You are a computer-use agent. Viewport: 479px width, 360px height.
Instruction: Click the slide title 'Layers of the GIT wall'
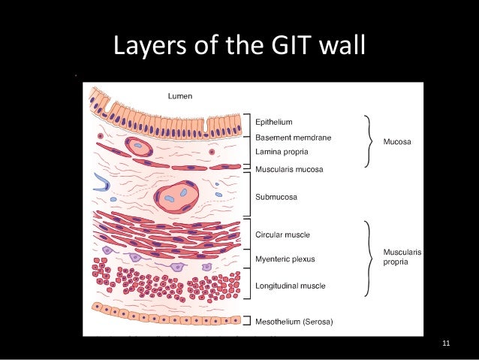(x=239, y=46)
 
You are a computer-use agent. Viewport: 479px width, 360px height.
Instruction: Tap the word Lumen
(x=179, y=95)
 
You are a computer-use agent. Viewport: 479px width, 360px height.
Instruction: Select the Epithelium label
(x=274, y=122)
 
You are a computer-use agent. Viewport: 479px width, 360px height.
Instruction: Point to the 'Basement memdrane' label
(x=293, y=138)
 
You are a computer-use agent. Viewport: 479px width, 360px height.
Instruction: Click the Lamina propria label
(x=282, y=152)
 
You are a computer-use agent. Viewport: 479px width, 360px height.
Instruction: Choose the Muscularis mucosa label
(x=289, y=169)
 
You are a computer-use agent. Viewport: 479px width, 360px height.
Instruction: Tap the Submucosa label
(x=276, y=197)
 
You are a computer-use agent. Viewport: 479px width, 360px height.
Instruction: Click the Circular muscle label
(x=282, y=234)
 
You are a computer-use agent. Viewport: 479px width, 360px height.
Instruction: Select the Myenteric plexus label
(x=285, y=259)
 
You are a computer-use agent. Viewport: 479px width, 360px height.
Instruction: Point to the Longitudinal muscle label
(x=291, y=286)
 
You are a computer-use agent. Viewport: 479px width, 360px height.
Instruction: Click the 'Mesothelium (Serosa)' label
(x=294, y=322)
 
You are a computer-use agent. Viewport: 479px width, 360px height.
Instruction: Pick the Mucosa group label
(x=396, y=141)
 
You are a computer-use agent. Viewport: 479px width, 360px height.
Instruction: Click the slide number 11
(x=447, y=344)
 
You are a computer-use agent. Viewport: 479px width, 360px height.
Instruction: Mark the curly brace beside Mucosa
(x=368, y=141)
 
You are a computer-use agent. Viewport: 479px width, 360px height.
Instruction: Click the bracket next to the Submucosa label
(x=247, y=197)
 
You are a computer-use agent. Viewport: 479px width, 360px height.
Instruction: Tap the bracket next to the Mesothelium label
(x=247, y=322)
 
